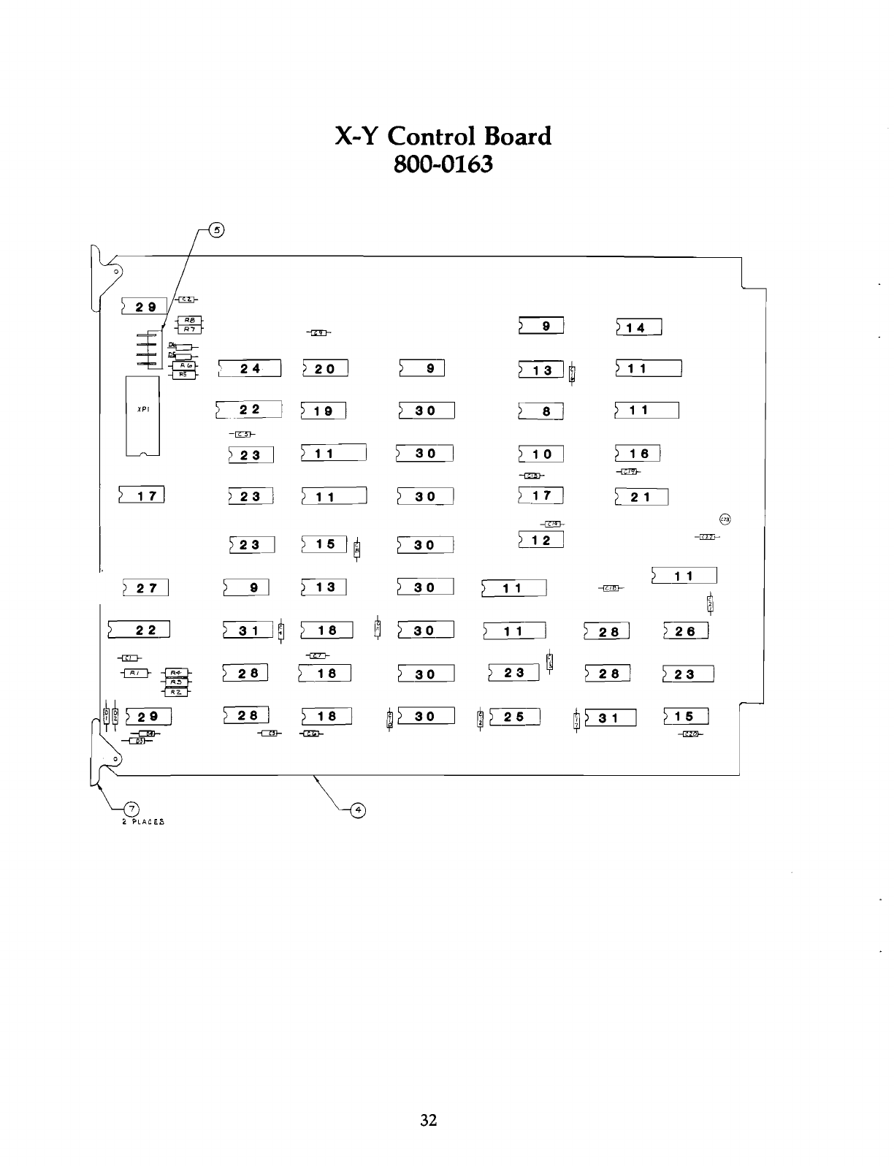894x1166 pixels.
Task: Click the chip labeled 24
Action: (250, 368)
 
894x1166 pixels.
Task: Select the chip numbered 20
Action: (325, 368)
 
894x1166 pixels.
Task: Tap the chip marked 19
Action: (323, 411)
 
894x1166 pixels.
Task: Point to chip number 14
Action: (639, 327)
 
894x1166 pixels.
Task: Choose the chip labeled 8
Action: (541, 411)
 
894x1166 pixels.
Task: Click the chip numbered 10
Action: (541, 454)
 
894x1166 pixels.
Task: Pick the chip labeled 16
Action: (638, 454)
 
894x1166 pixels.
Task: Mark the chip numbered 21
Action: (641, 498)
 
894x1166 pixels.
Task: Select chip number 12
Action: (541, 541)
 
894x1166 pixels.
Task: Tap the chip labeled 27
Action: (146, 587)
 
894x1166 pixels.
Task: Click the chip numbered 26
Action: (686, 630)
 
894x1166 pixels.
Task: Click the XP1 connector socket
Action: (142, 416)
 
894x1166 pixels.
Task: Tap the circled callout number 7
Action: (131, 809)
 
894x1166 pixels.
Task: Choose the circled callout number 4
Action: (359, 809)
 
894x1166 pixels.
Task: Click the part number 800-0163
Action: (443, 164)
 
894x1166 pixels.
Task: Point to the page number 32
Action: (428, 1119)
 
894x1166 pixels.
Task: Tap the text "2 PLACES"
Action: (142, 822)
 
